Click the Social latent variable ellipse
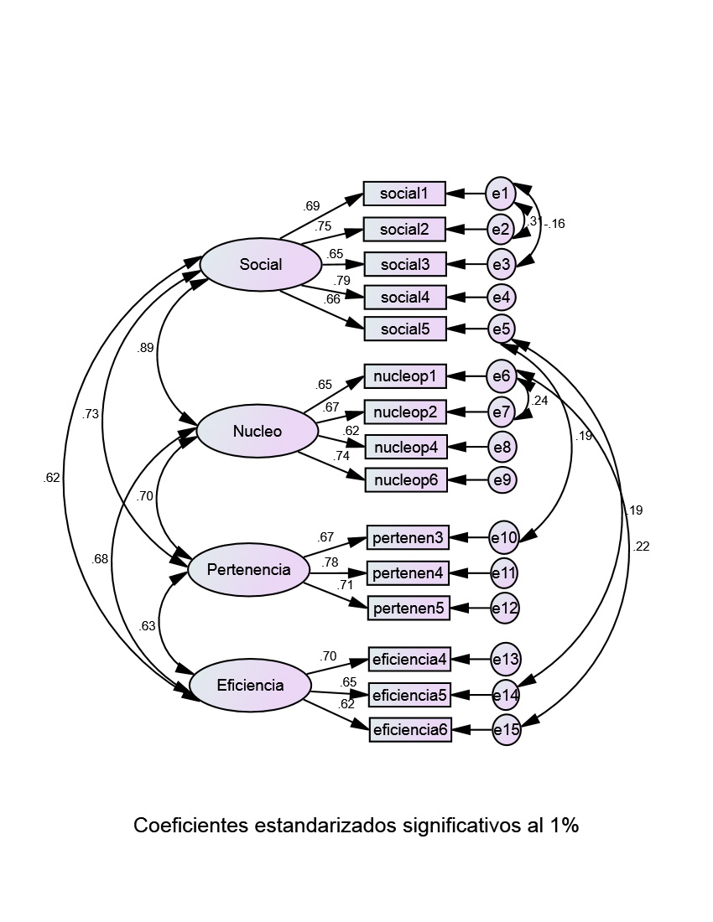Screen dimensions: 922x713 point(261,265)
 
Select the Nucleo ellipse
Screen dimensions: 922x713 point(258,432)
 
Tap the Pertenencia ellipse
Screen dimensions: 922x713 point(249,570)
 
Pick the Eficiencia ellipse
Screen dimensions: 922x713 point(250,685)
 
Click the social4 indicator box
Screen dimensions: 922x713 point(404,297)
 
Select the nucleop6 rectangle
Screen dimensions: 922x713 point(405,480)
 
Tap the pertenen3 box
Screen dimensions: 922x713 point(408,536)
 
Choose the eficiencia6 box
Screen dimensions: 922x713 point(410,730)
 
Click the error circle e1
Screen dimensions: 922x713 point(501,194)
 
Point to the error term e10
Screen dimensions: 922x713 point(504,536)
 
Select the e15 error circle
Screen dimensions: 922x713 point(506,730)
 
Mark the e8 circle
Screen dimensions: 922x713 point(502,447)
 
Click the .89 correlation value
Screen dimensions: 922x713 point(145,348)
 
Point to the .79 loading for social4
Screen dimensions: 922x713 point(341,280)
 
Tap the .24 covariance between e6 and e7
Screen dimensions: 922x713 point(539,401)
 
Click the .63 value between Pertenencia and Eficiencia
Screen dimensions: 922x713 point(147,625)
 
